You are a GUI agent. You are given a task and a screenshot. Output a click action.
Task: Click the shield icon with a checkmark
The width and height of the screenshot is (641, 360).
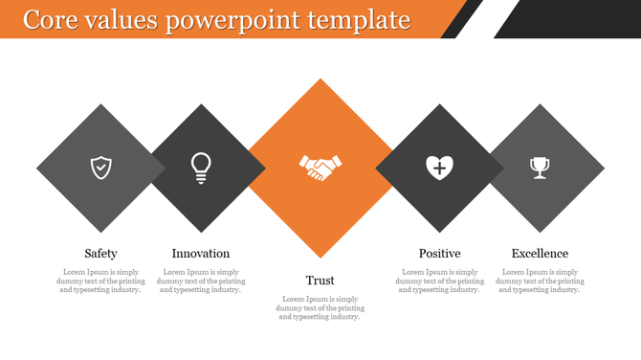(100, 168)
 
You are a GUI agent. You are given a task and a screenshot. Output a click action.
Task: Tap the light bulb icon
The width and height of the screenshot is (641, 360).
(201, 168)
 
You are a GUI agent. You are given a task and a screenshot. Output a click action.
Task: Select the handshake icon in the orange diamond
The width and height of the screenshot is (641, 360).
(320, 168)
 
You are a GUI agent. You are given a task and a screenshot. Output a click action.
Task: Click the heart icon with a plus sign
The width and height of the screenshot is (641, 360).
(439, 168)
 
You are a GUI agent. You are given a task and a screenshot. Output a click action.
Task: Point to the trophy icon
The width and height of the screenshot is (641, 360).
(540, 168)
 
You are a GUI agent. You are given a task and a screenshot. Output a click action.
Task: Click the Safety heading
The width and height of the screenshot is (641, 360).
(100, 254)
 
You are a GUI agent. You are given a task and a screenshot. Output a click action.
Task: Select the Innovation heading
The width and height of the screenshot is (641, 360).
(201, 254)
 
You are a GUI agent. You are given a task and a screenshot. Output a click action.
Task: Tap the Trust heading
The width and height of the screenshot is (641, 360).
(320, 281)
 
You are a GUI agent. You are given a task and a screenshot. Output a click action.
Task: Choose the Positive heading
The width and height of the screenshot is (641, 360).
(439, 254)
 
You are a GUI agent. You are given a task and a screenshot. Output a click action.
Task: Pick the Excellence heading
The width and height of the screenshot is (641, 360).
(540, 254)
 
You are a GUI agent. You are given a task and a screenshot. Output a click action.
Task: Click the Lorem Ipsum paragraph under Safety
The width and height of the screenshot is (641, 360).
(100, 281)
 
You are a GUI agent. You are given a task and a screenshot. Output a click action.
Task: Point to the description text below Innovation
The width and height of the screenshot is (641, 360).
(201, 281)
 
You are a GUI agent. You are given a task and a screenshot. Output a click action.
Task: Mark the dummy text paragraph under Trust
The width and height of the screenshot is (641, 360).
(320, 308)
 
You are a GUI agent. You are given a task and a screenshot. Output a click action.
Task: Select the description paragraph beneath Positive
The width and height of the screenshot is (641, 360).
(439, 281)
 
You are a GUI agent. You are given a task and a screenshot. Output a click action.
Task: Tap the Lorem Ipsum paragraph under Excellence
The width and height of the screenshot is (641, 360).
(540, 281)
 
